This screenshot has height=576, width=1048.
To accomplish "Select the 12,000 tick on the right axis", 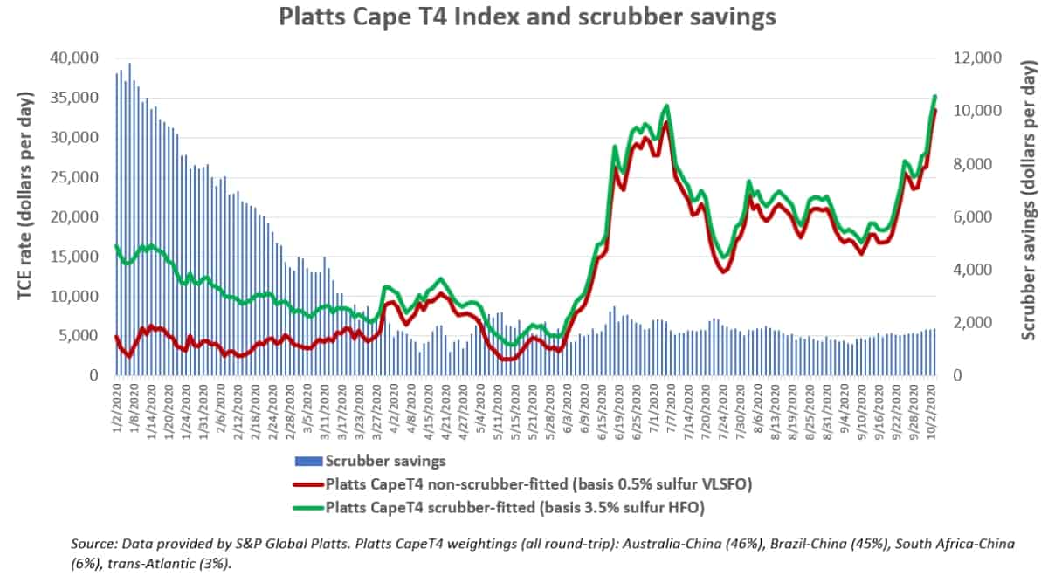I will (975, 58).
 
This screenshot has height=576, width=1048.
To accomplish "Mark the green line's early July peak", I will (666, 106).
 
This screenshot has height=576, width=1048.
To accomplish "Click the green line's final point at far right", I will (935, 96).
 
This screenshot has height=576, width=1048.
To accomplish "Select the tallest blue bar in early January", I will (130, 64).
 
